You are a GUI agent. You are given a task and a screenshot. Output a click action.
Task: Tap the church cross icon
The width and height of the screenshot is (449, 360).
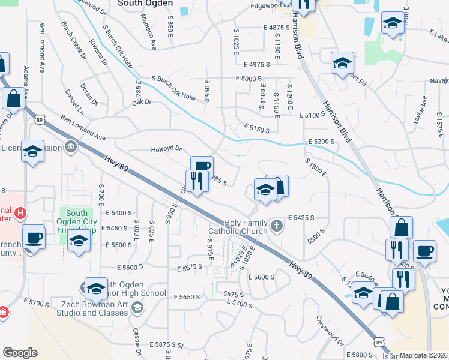click(276, 226)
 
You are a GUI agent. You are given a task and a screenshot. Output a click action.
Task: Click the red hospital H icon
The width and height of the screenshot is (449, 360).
click(21, 213)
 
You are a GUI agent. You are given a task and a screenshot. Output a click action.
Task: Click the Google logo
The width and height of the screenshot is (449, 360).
click(20, 352)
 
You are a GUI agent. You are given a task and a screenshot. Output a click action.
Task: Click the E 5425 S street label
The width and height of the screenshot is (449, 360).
click(302, 217)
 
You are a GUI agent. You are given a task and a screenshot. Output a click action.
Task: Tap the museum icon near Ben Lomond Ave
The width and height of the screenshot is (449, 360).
click(71, 146)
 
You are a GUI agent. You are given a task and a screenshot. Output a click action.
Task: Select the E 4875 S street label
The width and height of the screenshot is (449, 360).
click(276, 28)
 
